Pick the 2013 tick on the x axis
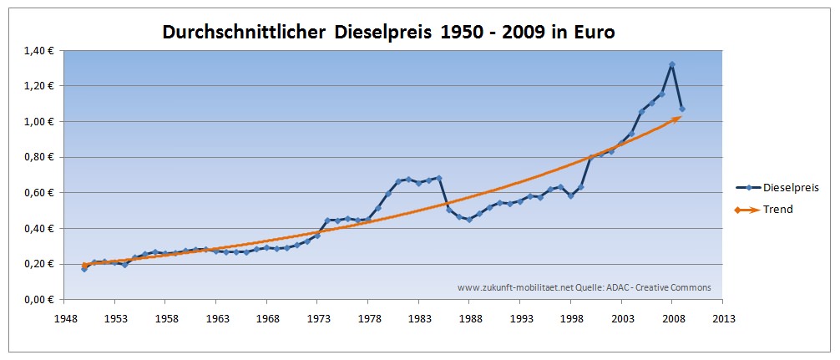point(724,318)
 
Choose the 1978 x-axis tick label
point(369,318)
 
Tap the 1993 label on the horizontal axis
point(521,318)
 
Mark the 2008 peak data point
point(672,64)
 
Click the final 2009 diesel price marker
point(682,109)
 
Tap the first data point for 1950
point(84,269)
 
